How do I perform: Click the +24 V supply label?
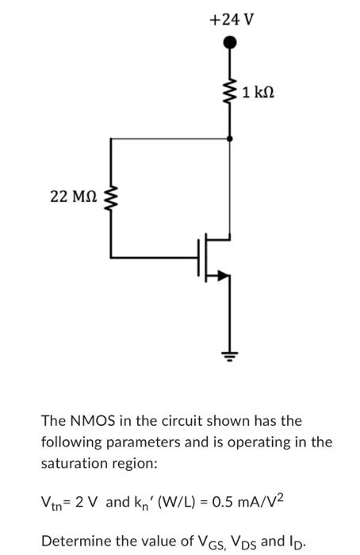(x=231, y=19)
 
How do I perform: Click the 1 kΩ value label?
(x=259, y=94)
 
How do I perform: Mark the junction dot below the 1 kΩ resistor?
(x=231, y=138)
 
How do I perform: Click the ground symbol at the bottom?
(x=231, y=358)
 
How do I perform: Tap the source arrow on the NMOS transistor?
(x=224, y=275)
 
